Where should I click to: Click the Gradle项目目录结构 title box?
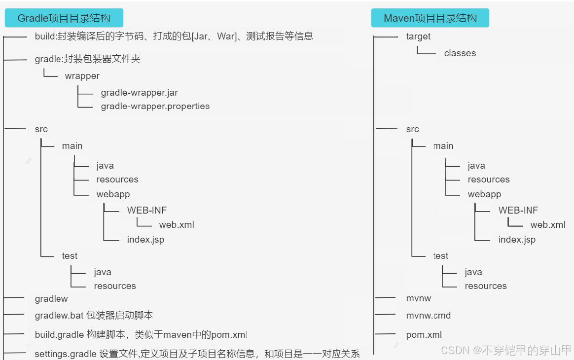pos(64,18)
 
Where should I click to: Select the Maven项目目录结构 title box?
pos(430,18)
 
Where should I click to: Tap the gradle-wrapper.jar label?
pos(139,93)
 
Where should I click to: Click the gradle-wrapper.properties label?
pos(155,106)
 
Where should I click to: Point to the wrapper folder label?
pos(82,76)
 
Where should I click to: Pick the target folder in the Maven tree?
pos(418,36)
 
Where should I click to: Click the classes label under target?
pos(460,53)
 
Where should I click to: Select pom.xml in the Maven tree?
pos(424,335)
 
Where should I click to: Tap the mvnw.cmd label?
pos(428,316)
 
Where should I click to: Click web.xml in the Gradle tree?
pos(177,225)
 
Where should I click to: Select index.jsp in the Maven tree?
pos(517,240)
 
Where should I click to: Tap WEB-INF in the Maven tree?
pos(518,210)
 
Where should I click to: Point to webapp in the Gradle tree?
pos(113,194)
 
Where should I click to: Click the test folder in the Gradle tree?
pos(70,256)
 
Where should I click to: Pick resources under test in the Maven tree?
pos(485,286)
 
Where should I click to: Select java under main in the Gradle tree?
pos(105,166)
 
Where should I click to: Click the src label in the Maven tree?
pos(412,129)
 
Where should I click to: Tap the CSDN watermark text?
pos(506,350)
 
